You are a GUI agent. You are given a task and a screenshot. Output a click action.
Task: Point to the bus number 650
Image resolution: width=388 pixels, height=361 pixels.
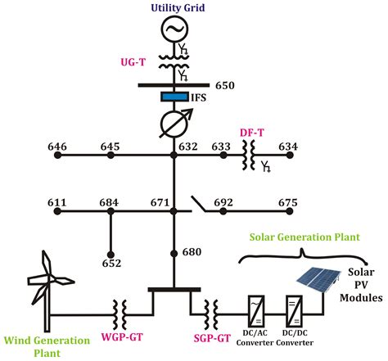[x=225, y=85]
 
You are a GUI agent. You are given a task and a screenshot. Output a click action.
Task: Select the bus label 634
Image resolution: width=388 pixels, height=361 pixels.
[x=288, y=147]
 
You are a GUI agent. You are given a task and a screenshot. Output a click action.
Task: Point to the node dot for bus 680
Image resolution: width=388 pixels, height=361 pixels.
[x=174, y=252]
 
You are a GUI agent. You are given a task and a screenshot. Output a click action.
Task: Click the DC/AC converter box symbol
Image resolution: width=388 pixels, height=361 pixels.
[x=255, y=311]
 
